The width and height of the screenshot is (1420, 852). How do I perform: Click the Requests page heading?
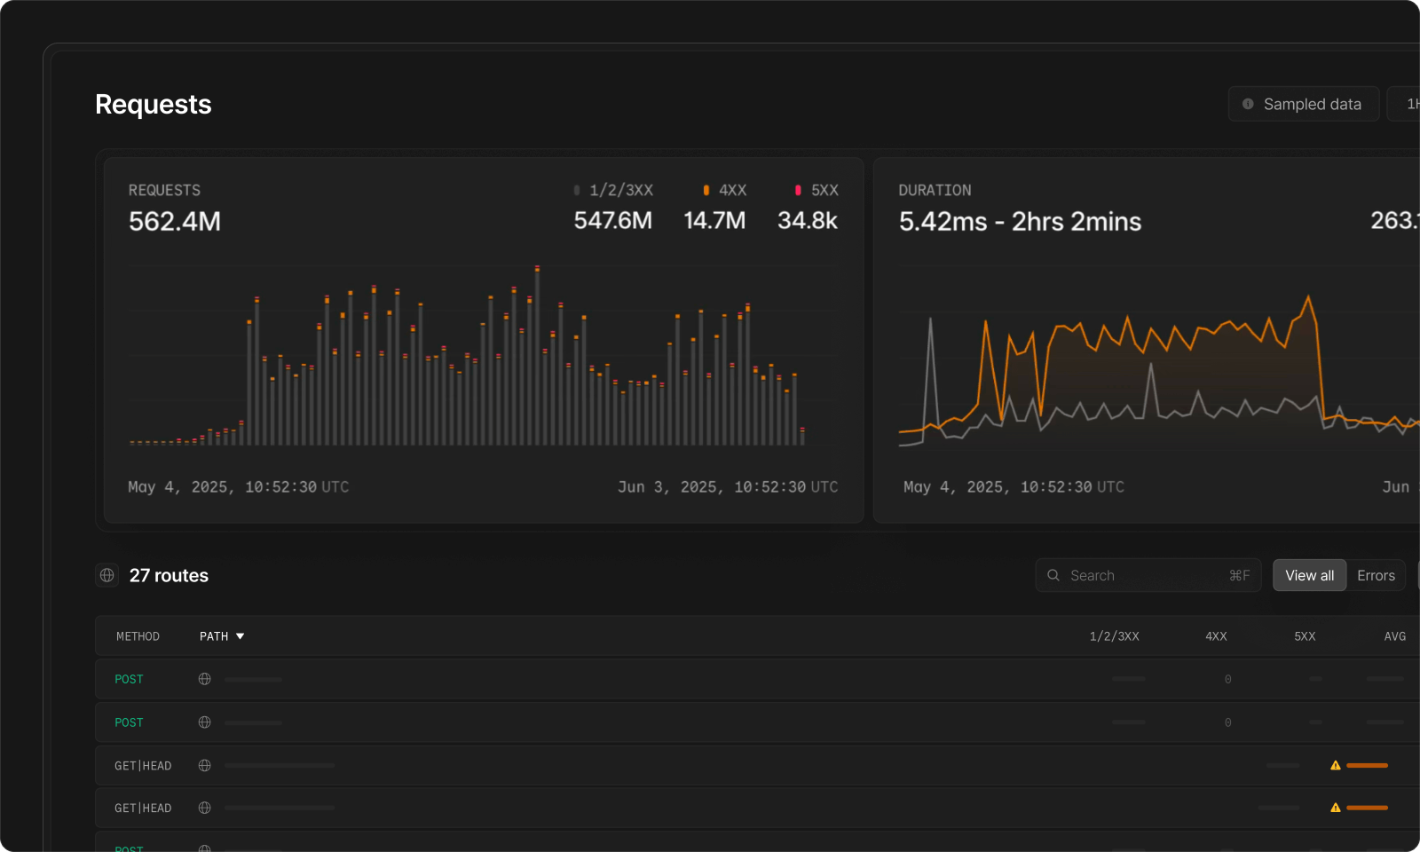[153, 105]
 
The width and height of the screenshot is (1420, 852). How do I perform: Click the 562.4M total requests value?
[175, 222]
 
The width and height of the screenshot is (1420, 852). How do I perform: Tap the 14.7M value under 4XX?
[714, 221]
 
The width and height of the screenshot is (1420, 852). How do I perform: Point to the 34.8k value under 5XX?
[807, 221]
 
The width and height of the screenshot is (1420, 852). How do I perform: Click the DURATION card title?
[935, 190]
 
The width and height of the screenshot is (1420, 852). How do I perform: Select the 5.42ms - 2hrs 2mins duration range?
[1020, 222]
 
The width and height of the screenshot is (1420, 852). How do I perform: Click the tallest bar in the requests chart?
[537, 355]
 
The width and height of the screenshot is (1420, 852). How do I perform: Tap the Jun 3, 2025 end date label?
[728, 487]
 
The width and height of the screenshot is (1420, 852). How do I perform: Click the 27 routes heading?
[169, 576]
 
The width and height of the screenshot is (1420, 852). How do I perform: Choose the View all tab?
[1309, 576]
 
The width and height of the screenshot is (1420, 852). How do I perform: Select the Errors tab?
[1376, 576]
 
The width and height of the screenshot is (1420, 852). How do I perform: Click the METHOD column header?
[138, 636]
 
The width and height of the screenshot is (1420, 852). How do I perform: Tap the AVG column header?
[1394, 636]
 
